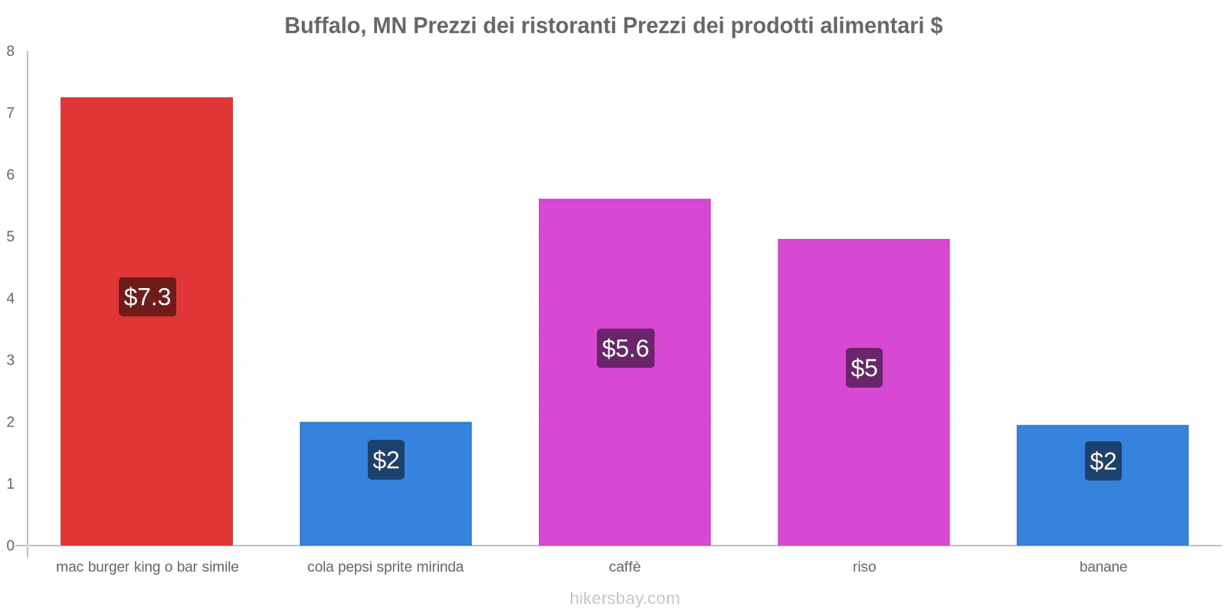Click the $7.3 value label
point(147,297)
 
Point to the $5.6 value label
point(625,349)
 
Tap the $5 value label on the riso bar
point(864,368)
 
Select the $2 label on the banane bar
point(1103,461)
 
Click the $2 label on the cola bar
point(385,460)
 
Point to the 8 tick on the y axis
point(11,51)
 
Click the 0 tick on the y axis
point(11,546)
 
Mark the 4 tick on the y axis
point(11,298)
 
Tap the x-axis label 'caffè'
point(624,567)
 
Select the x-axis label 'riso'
point(864,567)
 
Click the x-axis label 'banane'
point(1103,567)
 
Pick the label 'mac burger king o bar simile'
point(147,567)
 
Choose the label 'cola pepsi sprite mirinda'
point(385,567)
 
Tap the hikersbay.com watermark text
point(624,598)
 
